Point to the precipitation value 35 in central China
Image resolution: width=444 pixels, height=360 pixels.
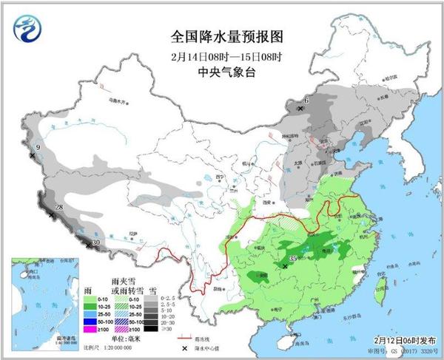(294, 258)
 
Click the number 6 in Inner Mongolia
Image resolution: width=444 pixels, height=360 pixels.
(306, 100)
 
